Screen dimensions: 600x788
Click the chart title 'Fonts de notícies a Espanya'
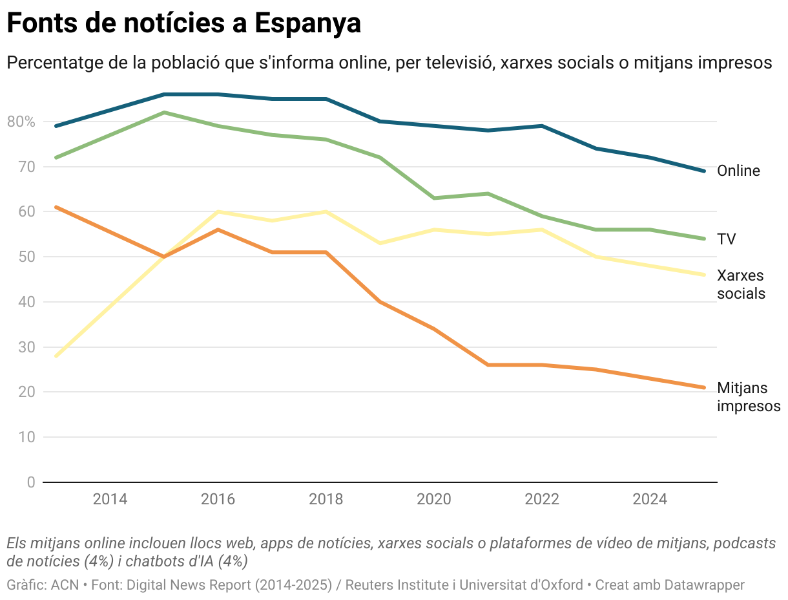pyautogui.click(x=183, y=24)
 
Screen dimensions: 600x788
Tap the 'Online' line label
pyautogui.click(x=738, y=171)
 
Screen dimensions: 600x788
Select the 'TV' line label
pyautogui.click(x=726, y=239)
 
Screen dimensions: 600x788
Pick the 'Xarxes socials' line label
pyautogui.click(x=741, y=284)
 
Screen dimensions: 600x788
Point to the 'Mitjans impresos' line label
pyautogui.click(x=748, y=397)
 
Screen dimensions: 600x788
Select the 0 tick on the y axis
pyautogui.click(x=31, y=482)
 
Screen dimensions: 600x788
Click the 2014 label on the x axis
pyautogui.click(x=110, y=500)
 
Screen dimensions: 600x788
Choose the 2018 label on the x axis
pyautogui.click(x=326, y=500)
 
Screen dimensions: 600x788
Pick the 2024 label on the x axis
pyautogui.click(x=650, y=500)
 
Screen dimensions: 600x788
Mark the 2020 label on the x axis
pyautogui.click(x=434, y=500)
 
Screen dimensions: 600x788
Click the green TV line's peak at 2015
pyautogui.click(x=164, y=112)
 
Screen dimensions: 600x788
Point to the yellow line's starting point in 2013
pyautogui.click(x=57, y=356)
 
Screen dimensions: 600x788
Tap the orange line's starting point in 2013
pyautogui.click(x=57, y=207)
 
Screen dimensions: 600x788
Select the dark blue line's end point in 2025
pyautogui.click(x=704, y=171)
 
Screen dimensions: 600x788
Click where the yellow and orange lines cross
pyautogui.click(x=164, y=257)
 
